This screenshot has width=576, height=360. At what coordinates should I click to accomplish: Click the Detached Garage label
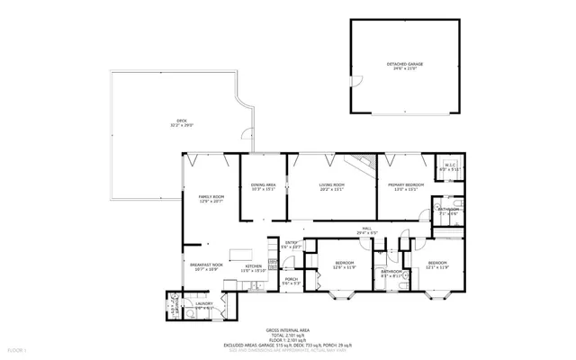coord(405,66)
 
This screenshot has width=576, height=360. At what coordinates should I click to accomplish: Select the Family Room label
coord(211,198)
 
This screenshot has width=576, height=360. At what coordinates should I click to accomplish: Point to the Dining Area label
coord(262,186)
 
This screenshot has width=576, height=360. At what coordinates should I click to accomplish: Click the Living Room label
coord(332,186)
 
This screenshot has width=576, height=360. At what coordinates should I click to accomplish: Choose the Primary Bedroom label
coord(404,186)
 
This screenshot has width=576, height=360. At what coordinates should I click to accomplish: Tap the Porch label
coord(292,281)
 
